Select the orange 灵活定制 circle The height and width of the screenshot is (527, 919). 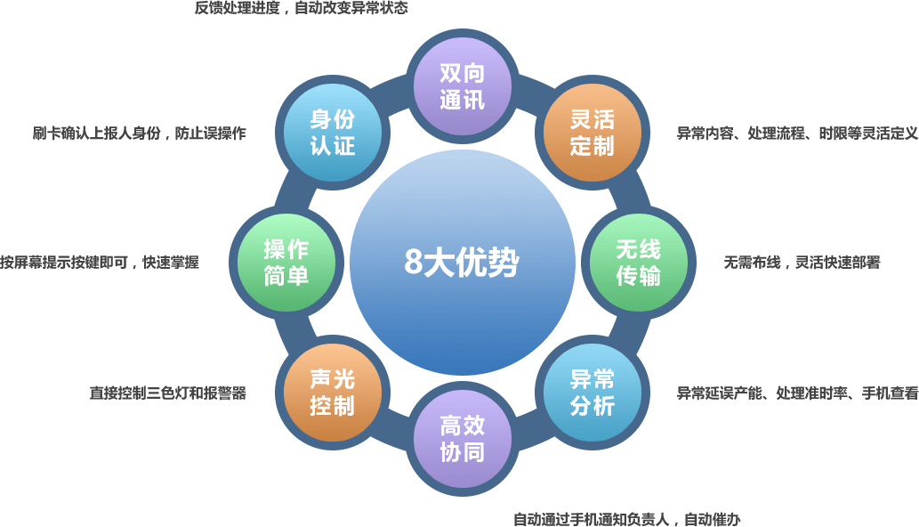(x=593, y=133)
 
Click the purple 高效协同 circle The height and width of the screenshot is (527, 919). (x=463, y=440)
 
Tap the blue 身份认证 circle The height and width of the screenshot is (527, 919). (x=332, y=133)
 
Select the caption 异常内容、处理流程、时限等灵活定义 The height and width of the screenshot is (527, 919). (x=796, y=134)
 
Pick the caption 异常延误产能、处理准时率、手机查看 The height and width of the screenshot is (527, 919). (x=796, y=393)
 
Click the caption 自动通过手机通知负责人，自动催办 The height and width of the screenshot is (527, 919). (x=626, y=519)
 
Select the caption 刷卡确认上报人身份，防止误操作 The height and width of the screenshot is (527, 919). (x=139, y=134)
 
